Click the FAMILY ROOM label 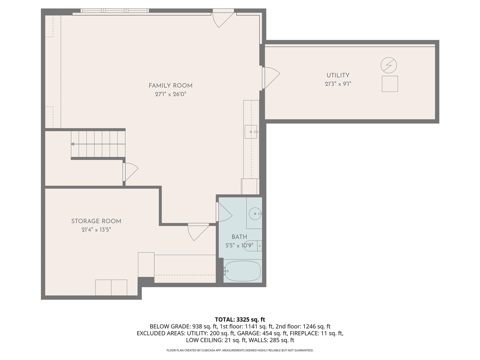click(171, 85)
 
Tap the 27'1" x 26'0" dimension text click(171, 94)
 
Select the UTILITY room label click(338, 75)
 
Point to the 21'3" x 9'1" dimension click(338, 84)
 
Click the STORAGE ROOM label click(96, 221)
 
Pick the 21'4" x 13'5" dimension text click(96, 230)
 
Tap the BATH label click(239, 237)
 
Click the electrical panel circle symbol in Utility click(389, 65)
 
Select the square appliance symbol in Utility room click(390, 84)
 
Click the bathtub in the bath click(242, 271)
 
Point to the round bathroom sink click(255, 214)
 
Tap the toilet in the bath click(252, 246)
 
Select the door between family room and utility click(270, 78)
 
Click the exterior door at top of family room click(223, 19)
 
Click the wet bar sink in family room click(250, 132)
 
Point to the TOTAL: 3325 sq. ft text click(240, 319)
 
